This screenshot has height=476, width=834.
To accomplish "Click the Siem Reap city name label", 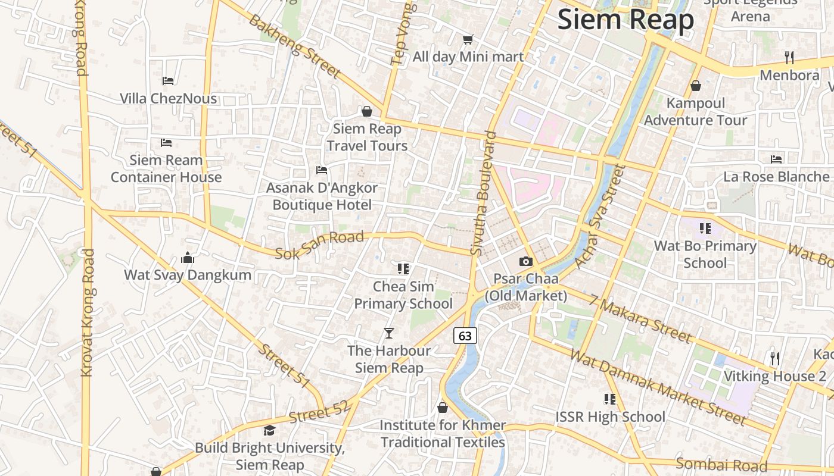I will (625, 20).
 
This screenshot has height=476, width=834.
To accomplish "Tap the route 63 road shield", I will (465, 336).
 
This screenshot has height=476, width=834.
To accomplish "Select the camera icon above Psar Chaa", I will (525, 261).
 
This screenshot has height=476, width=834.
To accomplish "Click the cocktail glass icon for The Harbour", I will (389, 333).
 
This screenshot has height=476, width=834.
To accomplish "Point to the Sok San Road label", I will (320, 245).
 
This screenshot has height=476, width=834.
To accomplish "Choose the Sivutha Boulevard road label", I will (483, 193).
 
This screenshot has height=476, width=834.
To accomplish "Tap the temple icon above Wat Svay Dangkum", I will (188, 258).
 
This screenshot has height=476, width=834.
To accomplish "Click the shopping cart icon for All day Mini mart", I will (468, 40).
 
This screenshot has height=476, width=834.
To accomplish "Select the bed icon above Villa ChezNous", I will (168, 80).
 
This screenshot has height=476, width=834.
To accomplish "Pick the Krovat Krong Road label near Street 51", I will (88, 312).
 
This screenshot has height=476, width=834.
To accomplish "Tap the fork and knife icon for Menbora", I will (789, 58).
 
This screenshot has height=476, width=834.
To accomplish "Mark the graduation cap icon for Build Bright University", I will (270, 430).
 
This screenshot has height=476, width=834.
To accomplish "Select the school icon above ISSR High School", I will (610, 399).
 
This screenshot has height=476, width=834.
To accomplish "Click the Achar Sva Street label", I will (599, 217).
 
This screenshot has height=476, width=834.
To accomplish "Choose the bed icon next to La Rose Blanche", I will (776, 159).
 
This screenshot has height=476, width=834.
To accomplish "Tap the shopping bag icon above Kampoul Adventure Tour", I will (695, 86).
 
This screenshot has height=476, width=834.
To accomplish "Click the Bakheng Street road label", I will (294, 46).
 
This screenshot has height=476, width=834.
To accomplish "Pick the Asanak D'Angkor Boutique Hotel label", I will (322, 196).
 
